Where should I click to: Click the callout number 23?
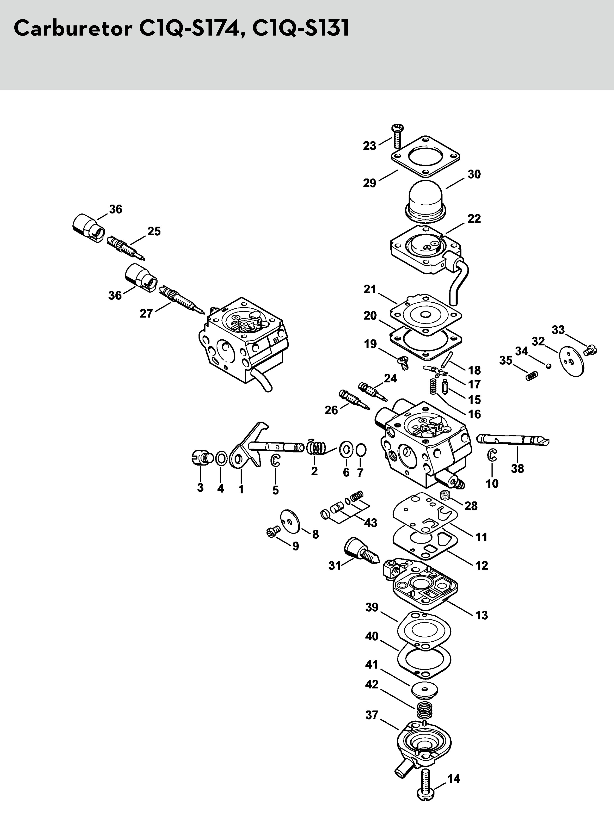coord(369,146)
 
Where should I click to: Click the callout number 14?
coord(454,778)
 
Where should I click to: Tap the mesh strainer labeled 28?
coord(445,495)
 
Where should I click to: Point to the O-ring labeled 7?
coord(361,451)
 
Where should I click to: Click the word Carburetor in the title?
coord(72,28)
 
